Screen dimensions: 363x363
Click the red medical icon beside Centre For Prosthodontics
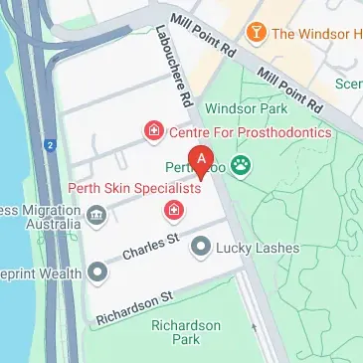(153, 128)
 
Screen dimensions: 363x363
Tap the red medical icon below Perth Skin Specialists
(173, 210)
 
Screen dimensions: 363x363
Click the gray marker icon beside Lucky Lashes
(202, 244)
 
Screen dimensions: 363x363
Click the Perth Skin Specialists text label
(134, 187)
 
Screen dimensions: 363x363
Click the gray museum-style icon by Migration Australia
(96, 212)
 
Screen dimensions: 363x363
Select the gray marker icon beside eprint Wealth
(96, 271)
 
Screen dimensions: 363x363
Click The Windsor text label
(316, 34)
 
